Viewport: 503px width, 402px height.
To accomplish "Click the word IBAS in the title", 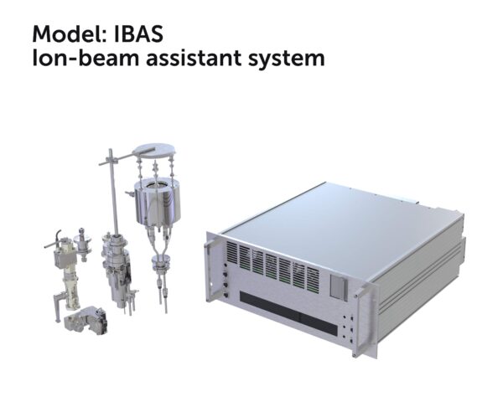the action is click(x=138, y=33).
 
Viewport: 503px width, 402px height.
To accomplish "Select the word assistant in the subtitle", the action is click(x=194, y=58).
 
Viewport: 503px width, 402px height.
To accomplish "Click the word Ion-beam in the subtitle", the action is click(x=86, y=58).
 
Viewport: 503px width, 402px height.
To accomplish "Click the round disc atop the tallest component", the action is click(x=154, y=151).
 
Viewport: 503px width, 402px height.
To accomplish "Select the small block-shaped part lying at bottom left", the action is click(x=86, y=321).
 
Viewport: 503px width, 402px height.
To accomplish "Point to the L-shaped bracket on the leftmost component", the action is click(x=58, y=307).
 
